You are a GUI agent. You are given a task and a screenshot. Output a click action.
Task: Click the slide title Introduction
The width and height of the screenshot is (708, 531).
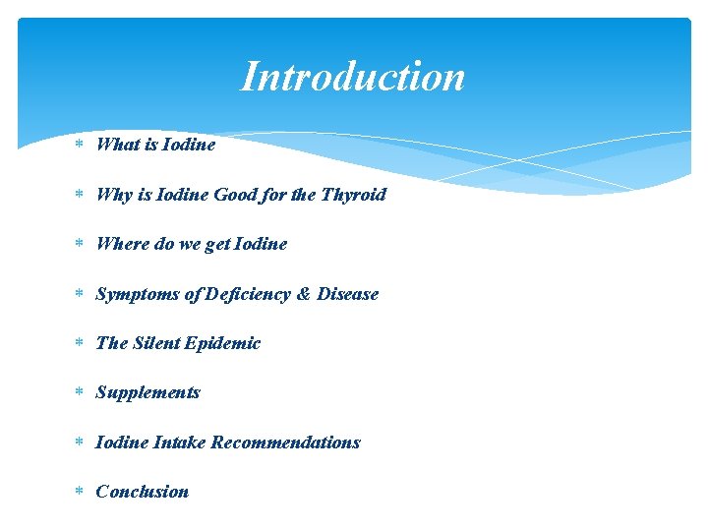pos(353,77)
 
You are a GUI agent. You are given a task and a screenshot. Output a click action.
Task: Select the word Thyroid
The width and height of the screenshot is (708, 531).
pos(353,194)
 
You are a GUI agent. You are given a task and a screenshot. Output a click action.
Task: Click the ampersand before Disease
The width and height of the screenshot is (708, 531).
pos(304,294)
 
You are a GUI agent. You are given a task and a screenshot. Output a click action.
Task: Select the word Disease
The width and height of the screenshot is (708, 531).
pos(347,294)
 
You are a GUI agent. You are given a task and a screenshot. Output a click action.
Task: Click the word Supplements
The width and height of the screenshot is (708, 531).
pos(147,392)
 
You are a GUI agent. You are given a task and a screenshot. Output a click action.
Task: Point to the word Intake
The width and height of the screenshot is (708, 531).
pos(179,442)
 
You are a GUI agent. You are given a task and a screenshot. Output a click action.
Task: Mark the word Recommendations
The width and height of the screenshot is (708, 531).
pos(285,442)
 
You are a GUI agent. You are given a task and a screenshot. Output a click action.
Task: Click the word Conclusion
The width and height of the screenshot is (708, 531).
pos(142,492)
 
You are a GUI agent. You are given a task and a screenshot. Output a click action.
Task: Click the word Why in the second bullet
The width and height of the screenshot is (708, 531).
pos(113,194)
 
